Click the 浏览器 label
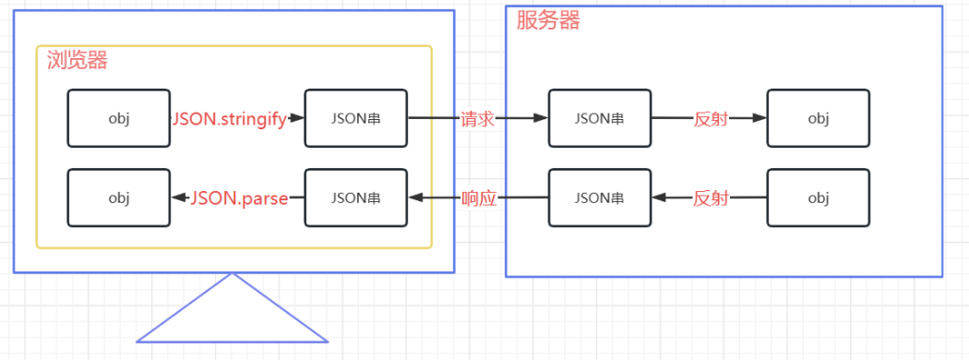coord(78,60)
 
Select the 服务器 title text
coord(548,19)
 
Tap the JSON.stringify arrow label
coord(229,119)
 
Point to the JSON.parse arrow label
coord(239,198)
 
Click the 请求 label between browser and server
coord(478,119)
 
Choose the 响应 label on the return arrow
coord(479,198)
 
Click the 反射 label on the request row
coord(710,119)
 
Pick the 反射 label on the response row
coord(710,198)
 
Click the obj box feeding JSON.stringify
coord(119,118)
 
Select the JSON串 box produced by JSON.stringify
coord(356,118)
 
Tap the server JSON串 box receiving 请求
coord(600,118)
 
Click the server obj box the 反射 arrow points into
coord(819,118)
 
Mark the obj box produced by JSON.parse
coord(119,198)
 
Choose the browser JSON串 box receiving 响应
coord(356,198)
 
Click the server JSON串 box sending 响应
coord(600,198)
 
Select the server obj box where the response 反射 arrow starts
coord(819,198)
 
